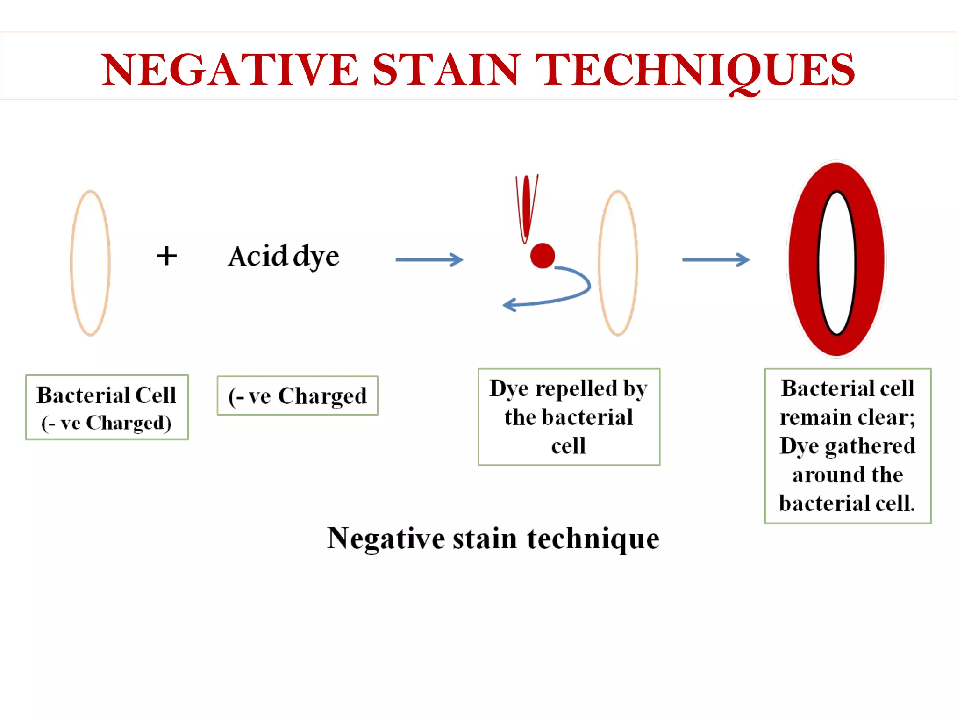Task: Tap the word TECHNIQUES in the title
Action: [x=695, y=70]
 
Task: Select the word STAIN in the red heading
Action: [x=446, y=70]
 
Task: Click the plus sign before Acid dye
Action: [x=167, y=256]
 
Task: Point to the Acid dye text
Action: [x=284, y=256]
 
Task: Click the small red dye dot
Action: [x=542, y=256]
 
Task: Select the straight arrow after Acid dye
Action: [x=429, y=260]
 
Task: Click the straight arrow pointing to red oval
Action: [x=715, y=260]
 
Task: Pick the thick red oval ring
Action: [x=804, y=260]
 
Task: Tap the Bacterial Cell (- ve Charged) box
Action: [x=107, y=407]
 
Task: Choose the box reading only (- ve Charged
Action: [x=297, y=396]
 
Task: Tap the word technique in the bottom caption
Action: [x=593, y=538]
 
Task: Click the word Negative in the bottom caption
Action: [x=386, y=538]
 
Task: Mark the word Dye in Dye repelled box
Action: [x=508, y=388]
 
